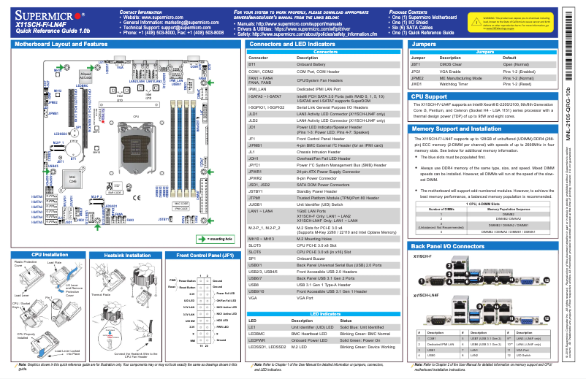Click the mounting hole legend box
tap(213, 238)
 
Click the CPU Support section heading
tap(430, 96)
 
